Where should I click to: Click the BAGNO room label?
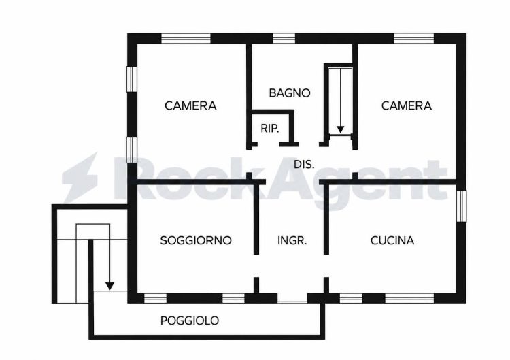(x=290, y=93)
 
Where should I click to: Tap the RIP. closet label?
(x=270, y=129)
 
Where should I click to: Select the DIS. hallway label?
(x=304, y=165)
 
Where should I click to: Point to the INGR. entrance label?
(x=292, y=241)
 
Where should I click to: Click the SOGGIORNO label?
(x=196, y=240)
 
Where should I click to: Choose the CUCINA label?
(x=392, y=240)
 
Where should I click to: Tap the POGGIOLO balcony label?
(x=190, y=321)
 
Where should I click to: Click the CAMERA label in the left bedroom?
(x=190, y=105)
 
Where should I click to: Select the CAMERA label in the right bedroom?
(x=407, y=105)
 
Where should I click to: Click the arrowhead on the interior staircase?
(x=340, y=129)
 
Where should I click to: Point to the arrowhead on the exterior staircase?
(x=110, y=286)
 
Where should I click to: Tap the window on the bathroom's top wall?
(x=284, y=38)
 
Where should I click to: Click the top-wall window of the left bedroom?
(x=186, y=38)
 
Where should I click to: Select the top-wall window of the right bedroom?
(x=413, y=38)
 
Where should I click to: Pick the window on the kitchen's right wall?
(x=461, y=206)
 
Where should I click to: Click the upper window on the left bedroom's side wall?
(x=132, y=79)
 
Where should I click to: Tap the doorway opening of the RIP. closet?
(x=269, y=144)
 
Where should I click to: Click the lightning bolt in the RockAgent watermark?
(x=80, y=178)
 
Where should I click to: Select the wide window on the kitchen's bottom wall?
(x=409, y=298)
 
